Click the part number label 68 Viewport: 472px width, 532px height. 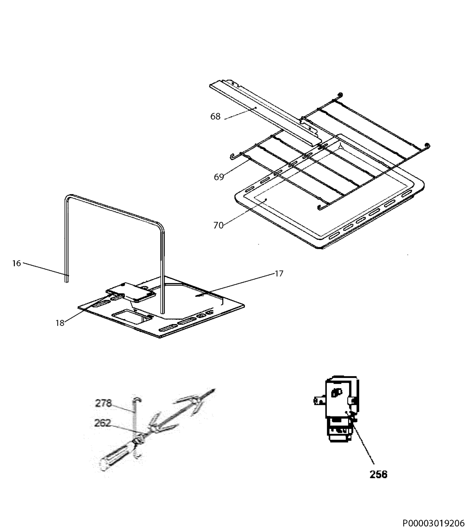tap(215, 116)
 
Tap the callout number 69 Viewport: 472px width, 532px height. tap(219, 177)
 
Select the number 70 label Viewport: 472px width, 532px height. tap(218, 225)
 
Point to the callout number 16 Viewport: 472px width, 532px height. tap(16, 263)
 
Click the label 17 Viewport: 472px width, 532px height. tap(279, 274)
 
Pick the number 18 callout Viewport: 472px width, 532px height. tap(60, 323)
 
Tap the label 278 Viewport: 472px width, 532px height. tap(103, 403)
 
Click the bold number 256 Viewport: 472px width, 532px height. tap(378, 475)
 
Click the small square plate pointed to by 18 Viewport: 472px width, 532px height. tap(131, 292)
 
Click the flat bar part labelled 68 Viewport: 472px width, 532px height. tap(265, 114)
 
